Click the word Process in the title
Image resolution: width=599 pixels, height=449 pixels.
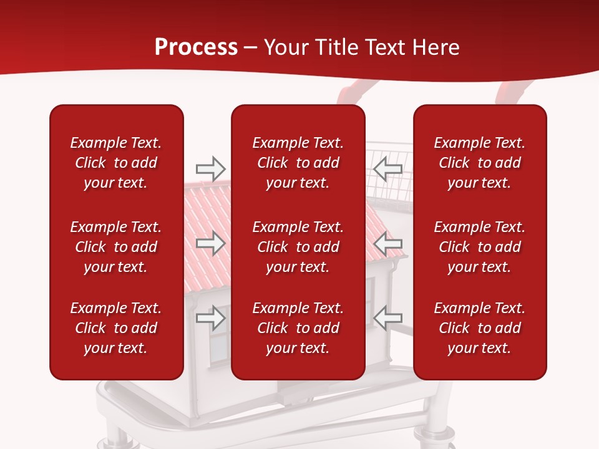pyautogui.click(x=196, y=47)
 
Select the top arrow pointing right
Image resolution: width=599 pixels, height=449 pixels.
pyautogui.click(x=210, y=168)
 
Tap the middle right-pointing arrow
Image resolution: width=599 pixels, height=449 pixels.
pyautogui.click(x=210, y=243)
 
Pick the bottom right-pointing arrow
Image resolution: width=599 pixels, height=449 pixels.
pyautogui.click(x=210, y=318)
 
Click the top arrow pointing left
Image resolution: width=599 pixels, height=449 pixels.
pyautogui.click(x=388, y=168)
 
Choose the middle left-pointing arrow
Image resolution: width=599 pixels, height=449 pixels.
pyautogui.click(x=388, y=243)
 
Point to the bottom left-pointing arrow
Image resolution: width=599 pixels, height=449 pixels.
pyautogui.click(x=388, y=318)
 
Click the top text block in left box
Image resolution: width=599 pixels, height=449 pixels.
pyautogui.click(x=116, y=163)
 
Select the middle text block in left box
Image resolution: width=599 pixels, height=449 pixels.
pyautogui.click(x=116, y=247)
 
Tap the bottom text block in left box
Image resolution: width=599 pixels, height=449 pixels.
pyautogui.click(x=116, y=328)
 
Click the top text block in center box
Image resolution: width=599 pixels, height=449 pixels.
pyautogui.click(x=298, y=163)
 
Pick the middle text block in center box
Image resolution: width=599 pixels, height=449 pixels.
pyautogui.click(x=298, y=247)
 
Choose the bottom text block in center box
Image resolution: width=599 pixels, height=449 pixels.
pyautogui.click(x=298, y=328)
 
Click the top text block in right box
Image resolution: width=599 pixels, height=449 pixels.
pyautogui.click(x=480, y=163)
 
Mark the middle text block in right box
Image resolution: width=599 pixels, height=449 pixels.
pyautogui.click(x=480, y=247)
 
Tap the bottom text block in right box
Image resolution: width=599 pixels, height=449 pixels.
pyautogui.click(x=480, y=328)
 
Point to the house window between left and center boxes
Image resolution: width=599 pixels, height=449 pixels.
pyautogui.click(x=218, y=343)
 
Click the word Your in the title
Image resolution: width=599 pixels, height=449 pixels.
pyautogui.click(x=286, y=47)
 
